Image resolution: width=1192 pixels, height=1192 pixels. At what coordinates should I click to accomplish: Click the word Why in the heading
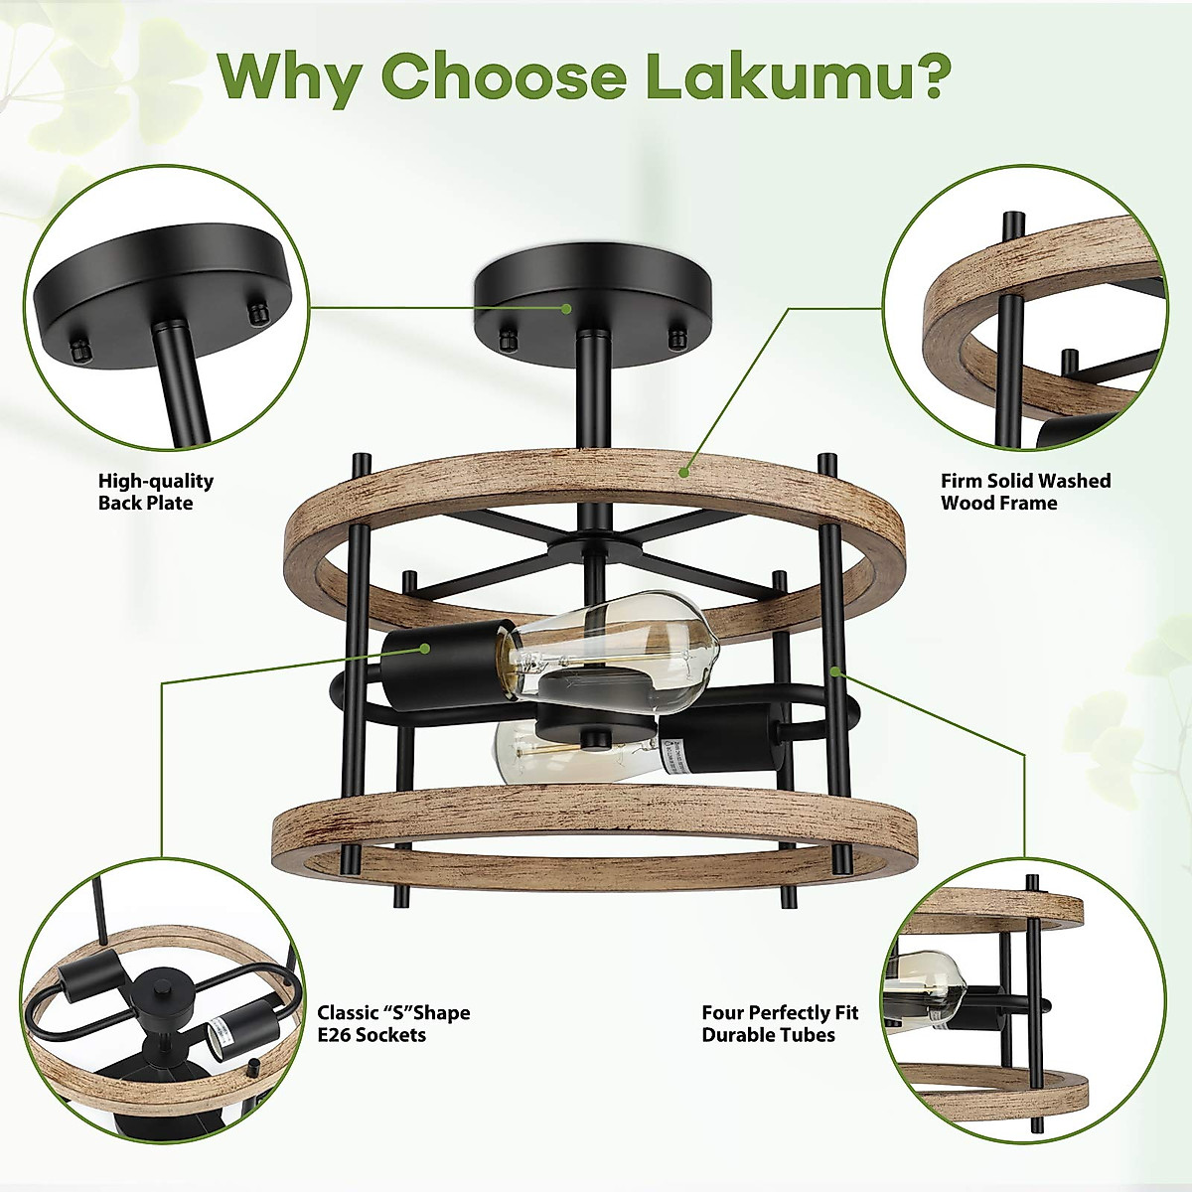(x=290, y=77)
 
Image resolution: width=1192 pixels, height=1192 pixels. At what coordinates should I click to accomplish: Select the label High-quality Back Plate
(x=155, y=492)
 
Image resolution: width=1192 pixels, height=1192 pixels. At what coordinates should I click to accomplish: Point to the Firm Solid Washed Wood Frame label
(x=1025, y=492)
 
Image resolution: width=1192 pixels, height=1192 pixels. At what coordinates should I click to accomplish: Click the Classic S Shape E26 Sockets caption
(x=393, y=1023)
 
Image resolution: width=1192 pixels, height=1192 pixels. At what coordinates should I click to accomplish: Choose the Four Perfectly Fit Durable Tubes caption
(x=779, y=1023)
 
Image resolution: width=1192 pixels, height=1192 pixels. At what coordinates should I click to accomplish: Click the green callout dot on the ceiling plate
(x=566, y=308)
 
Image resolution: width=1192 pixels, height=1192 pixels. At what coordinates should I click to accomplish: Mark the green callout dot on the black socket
(x=425, y=648)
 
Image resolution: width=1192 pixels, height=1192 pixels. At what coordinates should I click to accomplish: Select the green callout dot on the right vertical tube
(x=836, y=671)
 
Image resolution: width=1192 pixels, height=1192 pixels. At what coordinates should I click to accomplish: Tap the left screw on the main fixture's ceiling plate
(x=508, y=341)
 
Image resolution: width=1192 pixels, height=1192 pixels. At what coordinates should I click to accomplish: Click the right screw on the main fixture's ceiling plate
(x=678, y=339)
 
